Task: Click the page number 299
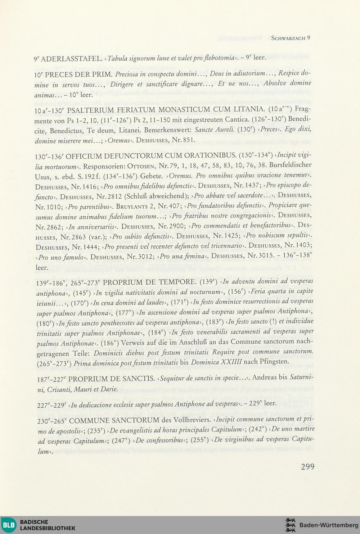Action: click(307, 467)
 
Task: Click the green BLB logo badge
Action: click(9, 525)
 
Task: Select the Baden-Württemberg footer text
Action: click(328, 525)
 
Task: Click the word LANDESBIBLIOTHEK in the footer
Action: click(48, 528)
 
